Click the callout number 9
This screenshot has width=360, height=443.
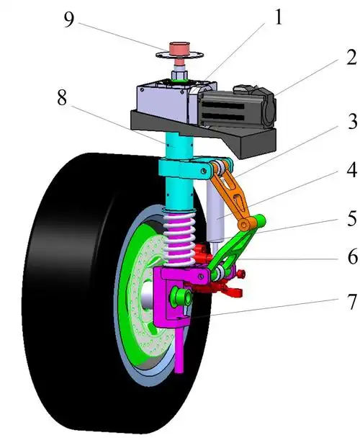tap(68, 19)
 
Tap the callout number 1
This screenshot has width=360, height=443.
tap(278, 17)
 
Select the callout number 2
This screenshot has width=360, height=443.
tap(351, 58)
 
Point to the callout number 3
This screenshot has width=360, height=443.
tap(352, 122)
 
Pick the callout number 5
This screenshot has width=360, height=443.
tap(352, 218)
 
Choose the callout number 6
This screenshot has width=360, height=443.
tap(352, 257)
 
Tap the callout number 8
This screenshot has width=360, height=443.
tap(62, 98)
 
